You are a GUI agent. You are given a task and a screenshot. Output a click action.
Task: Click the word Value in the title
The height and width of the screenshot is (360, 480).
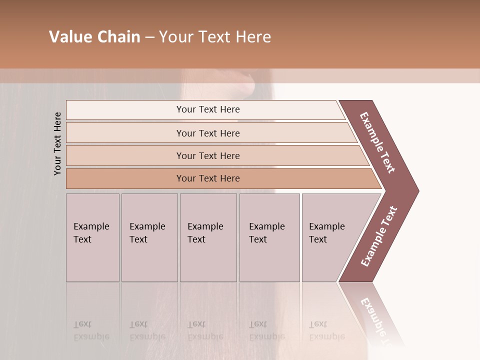click(69, 37)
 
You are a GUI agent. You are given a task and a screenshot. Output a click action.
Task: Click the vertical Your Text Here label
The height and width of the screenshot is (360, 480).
click(57, 143)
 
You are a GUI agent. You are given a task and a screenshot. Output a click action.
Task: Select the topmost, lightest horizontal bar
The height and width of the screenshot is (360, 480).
click(207, 109)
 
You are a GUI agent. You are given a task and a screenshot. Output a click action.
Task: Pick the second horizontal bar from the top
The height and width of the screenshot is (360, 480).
click(207, 133)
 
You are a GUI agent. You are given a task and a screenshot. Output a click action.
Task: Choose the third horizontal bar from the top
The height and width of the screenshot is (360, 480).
click(207, 155)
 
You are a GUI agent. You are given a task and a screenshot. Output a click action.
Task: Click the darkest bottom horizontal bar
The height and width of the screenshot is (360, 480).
click(207, 178)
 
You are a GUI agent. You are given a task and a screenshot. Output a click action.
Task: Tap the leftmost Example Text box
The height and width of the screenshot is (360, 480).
click(92, 237)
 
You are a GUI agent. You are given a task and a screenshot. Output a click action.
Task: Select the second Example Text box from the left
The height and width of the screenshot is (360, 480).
click(149, 237)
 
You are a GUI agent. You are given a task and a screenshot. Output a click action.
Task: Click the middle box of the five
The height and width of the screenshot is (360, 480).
click(208, 237)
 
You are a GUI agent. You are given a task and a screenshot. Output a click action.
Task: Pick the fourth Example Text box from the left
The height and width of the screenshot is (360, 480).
click(269, 237)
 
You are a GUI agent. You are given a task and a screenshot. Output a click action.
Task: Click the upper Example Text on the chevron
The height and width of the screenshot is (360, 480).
click(377, 142)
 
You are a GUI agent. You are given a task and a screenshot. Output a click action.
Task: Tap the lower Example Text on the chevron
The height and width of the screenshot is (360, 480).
click(379, 236)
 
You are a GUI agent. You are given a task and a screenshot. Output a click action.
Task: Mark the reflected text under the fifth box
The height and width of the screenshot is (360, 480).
click(326, 330)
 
